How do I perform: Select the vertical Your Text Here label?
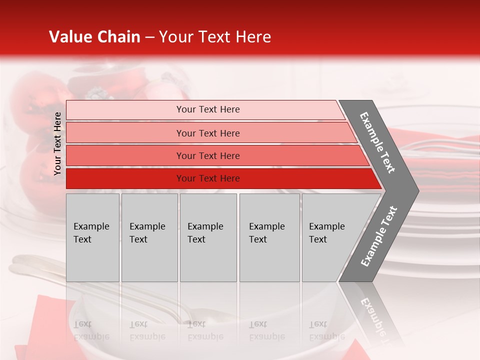(x=57, y=143)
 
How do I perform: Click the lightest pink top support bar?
(x=125, y=109)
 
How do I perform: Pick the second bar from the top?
(x=125, y=133)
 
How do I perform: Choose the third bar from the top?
(x=125, y=155)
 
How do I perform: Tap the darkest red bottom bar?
(x=125, y=178)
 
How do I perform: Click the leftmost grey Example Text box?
(x=92, y=237)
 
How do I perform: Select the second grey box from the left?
(x=149, y=237)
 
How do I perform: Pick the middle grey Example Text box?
(x=208, y=237)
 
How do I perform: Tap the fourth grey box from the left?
(x=269, y=237)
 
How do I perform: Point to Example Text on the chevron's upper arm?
(x=377, y=142)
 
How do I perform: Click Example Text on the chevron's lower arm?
(x=379, y=236)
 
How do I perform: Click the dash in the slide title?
(x=149, y=37)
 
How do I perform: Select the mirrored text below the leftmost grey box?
(x=91, y=330)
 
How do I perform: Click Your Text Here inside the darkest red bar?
(x=208, y=178)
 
